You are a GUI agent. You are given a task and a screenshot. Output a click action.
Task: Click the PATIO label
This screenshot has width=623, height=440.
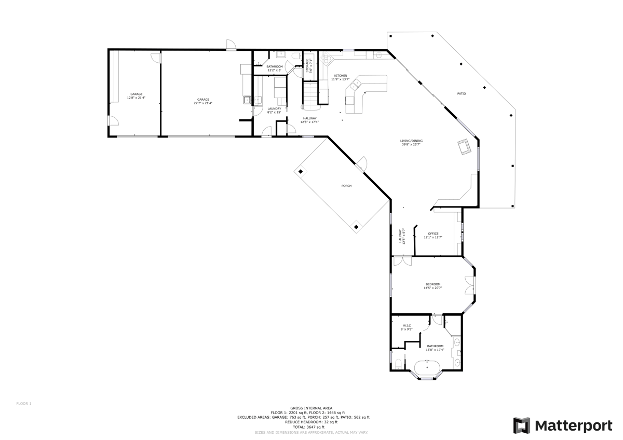pos(461,94)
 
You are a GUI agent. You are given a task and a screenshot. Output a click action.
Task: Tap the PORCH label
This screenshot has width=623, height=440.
pos(346,186)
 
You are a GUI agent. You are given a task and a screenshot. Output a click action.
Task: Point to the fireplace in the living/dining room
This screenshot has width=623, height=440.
pos(463,147)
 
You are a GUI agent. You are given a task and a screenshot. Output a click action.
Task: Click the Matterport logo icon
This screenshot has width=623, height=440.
pos(522,425)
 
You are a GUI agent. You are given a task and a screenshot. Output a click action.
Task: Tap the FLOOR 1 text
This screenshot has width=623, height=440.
pos(24,403)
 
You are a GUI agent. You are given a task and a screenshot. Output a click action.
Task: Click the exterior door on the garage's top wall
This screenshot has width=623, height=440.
pos(230,45)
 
